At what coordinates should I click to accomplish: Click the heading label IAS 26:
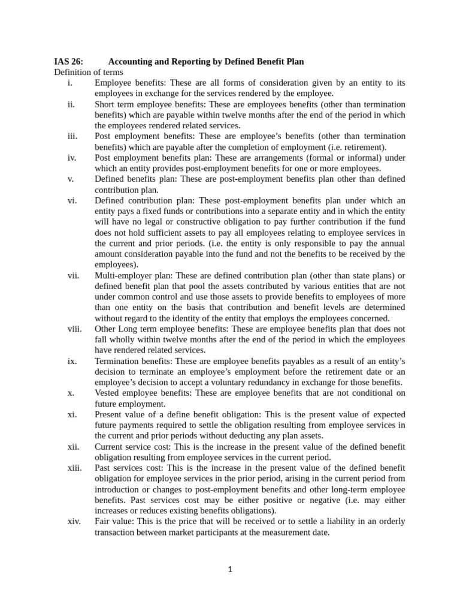69,62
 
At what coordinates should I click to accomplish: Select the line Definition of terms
89,72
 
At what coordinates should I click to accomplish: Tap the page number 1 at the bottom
229,570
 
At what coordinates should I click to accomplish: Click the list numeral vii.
73,275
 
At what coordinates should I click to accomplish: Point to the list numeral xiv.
74,521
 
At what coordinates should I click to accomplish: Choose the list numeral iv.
72,158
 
